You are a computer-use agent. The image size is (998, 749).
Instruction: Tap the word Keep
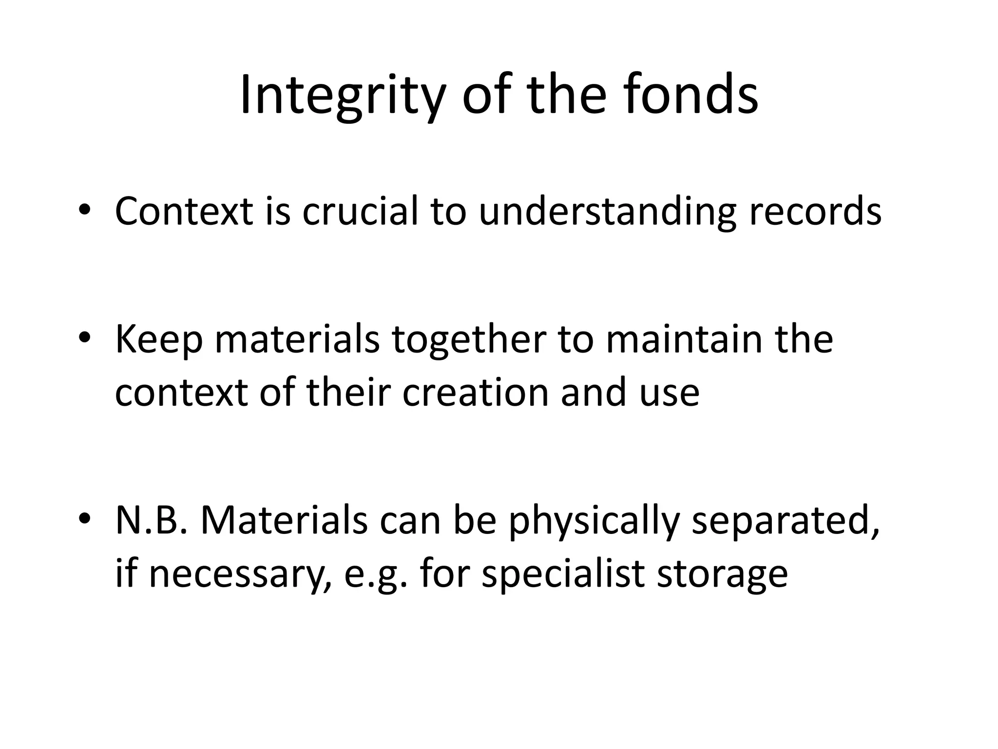point(159,340)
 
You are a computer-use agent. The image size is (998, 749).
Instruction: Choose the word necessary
point(237,573)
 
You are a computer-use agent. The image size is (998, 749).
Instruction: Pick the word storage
point(722,574)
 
